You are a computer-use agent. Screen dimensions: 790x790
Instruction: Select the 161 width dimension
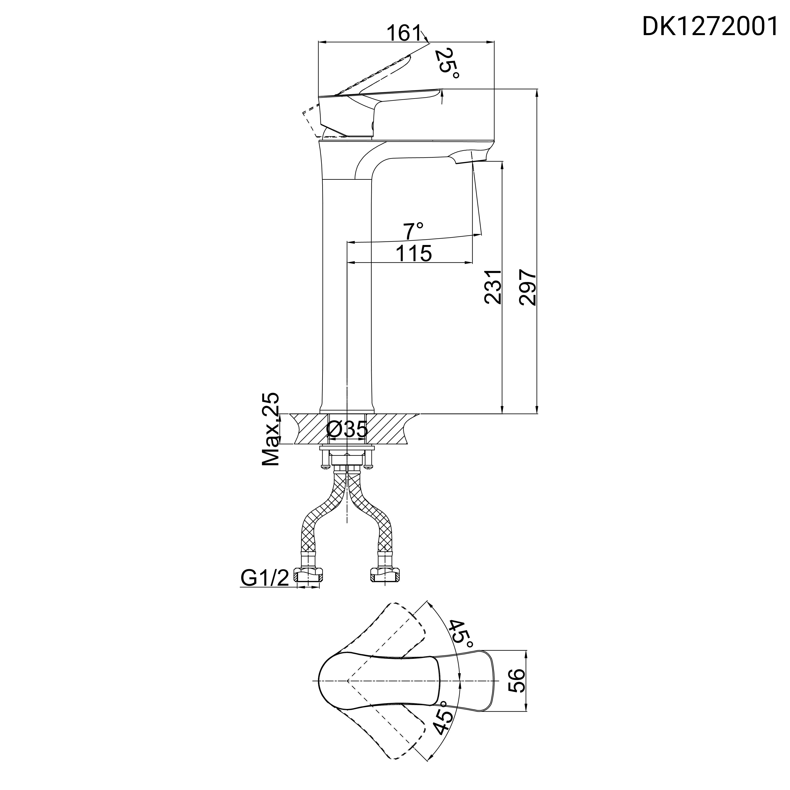tap(404, 33)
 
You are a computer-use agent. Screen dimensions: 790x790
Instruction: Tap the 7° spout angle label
tap(414, 232)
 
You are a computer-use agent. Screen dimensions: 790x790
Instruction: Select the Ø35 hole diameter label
tap(347, 430)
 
